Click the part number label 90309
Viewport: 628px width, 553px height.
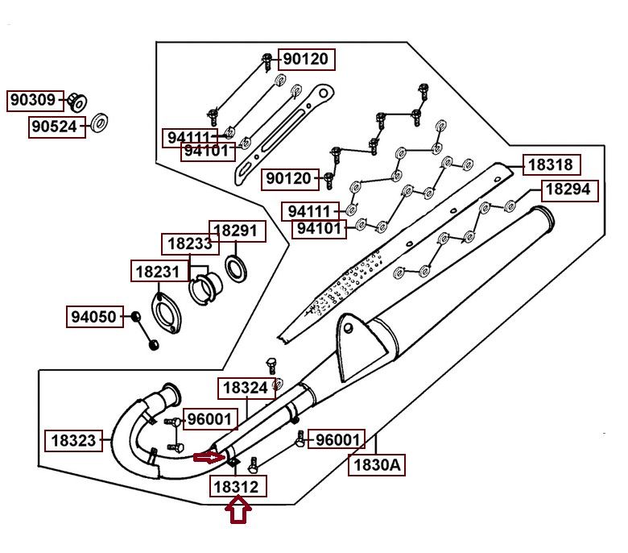tap(35, 101)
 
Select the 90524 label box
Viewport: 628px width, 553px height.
tap(57, 127)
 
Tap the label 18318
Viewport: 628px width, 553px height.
tap(552, 164)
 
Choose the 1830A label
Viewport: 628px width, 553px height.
tap(377, 465)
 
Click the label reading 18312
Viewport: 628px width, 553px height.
tap(238, 487)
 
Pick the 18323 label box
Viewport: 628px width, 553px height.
tap(73, 441)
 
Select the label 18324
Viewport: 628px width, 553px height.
tap(246, 389)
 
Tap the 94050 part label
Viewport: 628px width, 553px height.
tap(95, 317)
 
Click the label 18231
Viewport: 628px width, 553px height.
tap(159, 271)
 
